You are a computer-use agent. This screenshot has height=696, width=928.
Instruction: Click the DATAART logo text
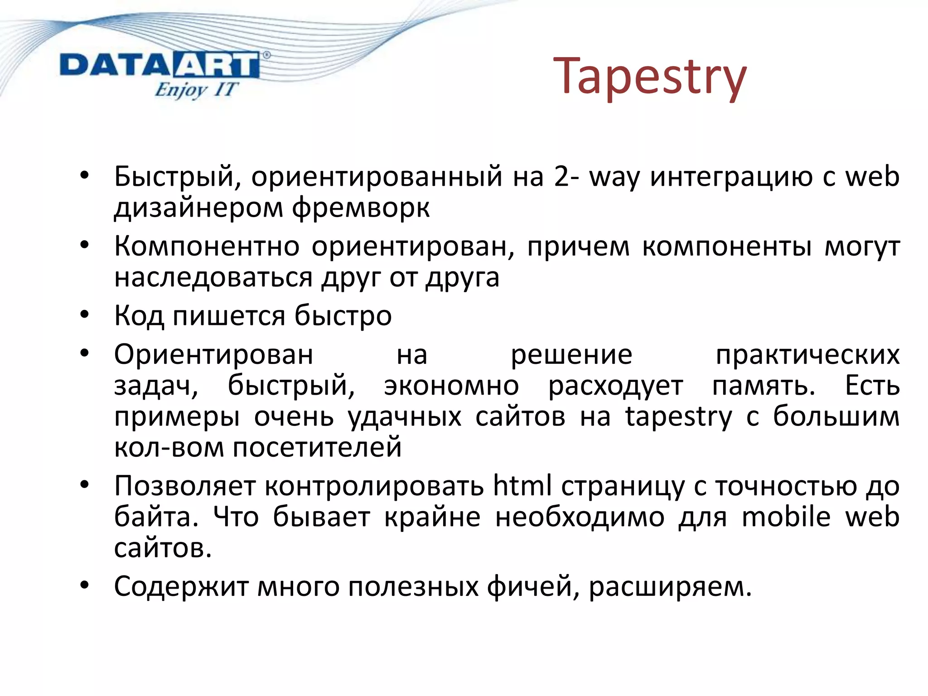pyautogui.click(x=159, y=66)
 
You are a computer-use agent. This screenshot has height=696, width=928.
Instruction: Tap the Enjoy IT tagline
pyautogui.click(x=195, y=89)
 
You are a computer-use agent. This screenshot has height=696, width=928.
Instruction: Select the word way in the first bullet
pyautogui.click(x=614, y=178)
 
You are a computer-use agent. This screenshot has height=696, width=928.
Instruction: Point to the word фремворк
pyautogui.click(x=360, y=208)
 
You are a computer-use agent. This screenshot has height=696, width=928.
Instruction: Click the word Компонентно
pyautogui.click(x=207, y=247)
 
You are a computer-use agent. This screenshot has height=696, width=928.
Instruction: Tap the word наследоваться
pyautogui.click(x=213, y=278)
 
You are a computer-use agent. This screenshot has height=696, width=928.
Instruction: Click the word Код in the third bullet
pyautogui.click(x=139, y=316)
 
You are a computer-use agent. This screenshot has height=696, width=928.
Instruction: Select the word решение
pyautogui.click(x=571, y=355)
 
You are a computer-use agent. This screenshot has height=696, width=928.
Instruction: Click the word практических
pyautogui.click(x=807, y=355)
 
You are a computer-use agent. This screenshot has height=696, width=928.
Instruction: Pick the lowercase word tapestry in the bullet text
pyautogui.click(x=678, y=417)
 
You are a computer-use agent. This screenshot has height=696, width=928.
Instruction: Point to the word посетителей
pyautogui.click(x=317, y=448)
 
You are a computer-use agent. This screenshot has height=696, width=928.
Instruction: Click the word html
pyautogui.click(x=522, y=486)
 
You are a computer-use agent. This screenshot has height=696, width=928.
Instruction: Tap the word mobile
pyautogui.click(x=786, y=517)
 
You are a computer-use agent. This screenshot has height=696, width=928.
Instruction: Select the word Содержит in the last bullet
pyautogui.click(x=181, y=587)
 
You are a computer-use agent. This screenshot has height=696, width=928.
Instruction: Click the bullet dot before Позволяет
pyautogui.click(x=84, y=485)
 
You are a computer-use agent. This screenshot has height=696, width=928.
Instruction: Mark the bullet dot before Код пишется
pyautogui.click(x=84, y=314)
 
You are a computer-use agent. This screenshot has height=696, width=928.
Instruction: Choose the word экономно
pyautogui.click(x=451, y=386)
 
